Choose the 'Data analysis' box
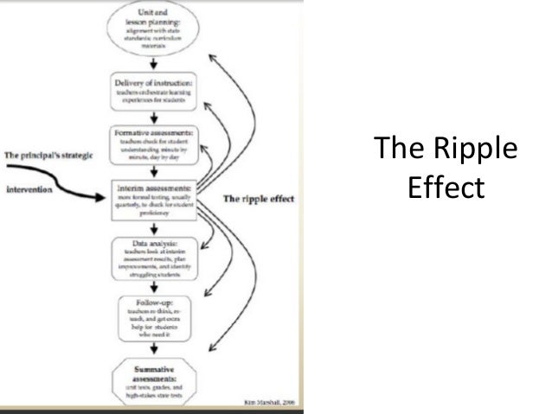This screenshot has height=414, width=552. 154,256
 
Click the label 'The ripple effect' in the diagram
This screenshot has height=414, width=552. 259,199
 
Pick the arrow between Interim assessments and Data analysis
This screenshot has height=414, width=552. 154,227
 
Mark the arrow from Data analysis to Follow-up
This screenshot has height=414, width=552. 154,286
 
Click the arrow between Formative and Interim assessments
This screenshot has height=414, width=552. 154,171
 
